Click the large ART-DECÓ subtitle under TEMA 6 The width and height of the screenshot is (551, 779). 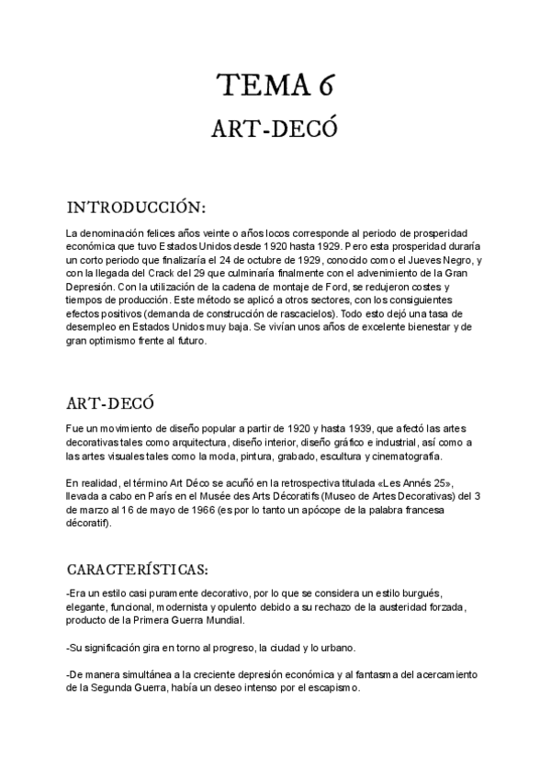(x=275, y=130)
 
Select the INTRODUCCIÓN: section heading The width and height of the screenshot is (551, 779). (x=137, y=203)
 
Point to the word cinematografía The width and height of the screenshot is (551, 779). (x=401, y=457)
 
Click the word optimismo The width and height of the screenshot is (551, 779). (x=118, y=339)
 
